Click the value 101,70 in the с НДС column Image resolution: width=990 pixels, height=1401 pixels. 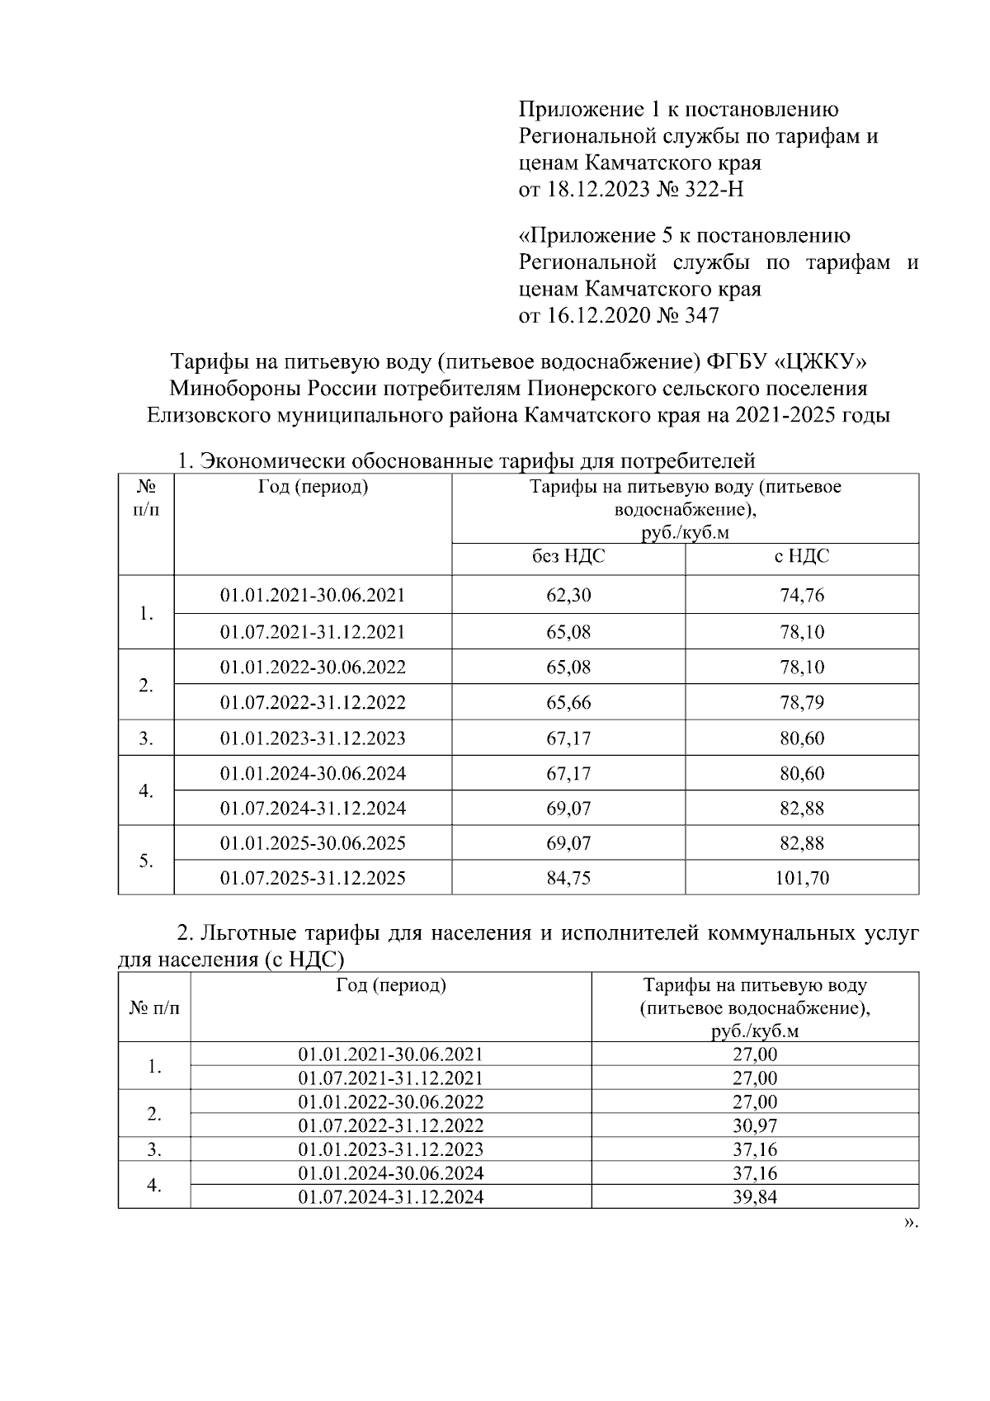801,878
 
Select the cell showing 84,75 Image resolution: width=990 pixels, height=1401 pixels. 568,878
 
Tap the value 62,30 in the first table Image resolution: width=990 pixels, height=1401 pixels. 568,595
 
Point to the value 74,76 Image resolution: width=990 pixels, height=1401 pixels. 801,595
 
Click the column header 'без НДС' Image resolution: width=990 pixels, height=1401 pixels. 568,557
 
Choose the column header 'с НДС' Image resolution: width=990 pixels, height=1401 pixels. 801,557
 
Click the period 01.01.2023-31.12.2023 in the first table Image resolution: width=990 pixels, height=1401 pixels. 313,738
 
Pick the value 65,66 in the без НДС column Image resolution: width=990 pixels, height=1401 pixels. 568,703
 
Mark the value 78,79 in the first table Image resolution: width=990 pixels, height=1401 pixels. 801,703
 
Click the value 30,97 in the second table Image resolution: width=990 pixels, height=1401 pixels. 754,1125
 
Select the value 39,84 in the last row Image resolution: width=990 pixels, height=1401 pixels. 754,1197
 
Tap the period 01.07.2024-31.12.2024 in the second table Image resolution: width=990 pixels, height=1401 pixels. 390,1197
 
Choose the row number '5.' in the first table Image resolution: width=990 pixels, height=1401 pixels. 146,861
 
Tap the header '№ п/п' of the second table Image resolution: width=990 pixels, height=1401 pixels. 153,1007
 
